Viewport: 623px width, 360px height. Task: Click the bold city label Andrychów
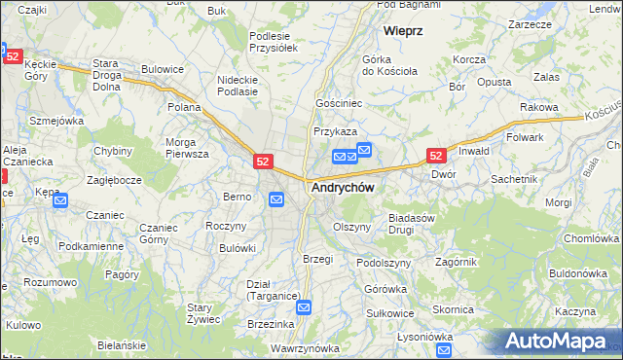[x=342, y=187]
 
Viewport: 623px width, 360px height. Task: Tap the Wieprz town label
[x=403, y=31]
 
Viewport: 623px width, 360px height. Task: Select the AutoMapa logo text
[x=564, y=342]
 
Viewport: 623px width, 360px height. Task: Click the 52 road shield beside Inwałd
[x=437, y=156]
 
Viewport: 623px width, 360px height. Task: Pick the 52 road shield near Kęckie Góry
[x=12, y=57]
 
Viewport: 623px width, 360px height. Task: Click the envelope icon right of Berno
[x=276, y=199]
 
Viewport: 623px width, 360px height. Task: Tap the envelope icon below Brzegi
[x=304, y=307]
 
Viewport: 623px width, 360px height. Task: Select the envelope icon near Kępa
[x=59, y=201]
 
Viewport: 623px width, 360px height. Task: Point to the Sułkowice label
[x=390, y=313]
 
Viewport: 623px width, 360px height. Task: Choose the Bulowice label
[x=163, y=69]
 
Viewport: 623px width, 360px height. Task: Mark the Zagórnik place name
[x=456, y=262]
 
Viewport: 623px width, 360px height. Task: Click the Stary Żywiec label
[x=206, y=313]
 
